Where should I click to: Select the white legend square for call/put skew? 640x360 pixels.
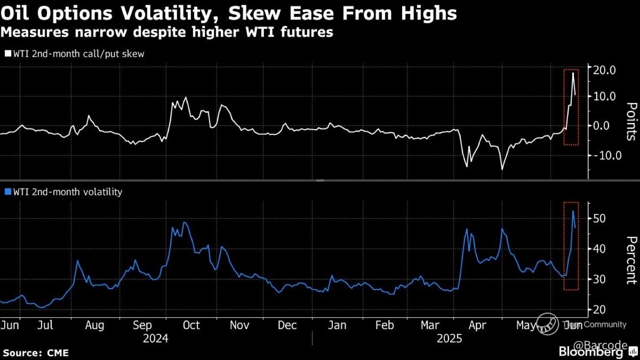pos(8,54)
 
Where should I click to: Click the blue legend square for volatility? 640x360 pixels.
pos(8,192)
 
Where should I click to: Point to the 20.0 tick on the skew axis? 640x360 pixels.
pos(605,70)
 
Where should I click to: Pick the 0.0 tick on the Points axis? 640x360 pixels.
pos(607,126)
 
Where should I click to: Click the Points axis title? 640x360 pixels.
pos(631,122)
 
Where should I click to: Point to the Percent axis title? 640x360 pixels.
pos(631,260)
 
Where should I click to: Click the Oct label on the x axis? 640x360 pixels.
pos(191,325)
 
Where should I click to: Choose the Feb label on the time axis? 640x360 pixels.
pos(384,325)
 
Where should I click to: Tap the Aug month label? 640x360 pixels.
pos(94,325)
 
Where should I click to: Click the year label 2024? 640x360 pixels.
pos(155,339)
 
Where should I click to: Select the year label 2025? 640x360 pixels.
pos(449,339)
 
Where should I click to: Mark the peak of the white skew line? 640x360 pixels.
pos(573,73)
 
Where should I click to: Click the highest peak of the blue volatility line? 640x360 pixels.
pos(573,211)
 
